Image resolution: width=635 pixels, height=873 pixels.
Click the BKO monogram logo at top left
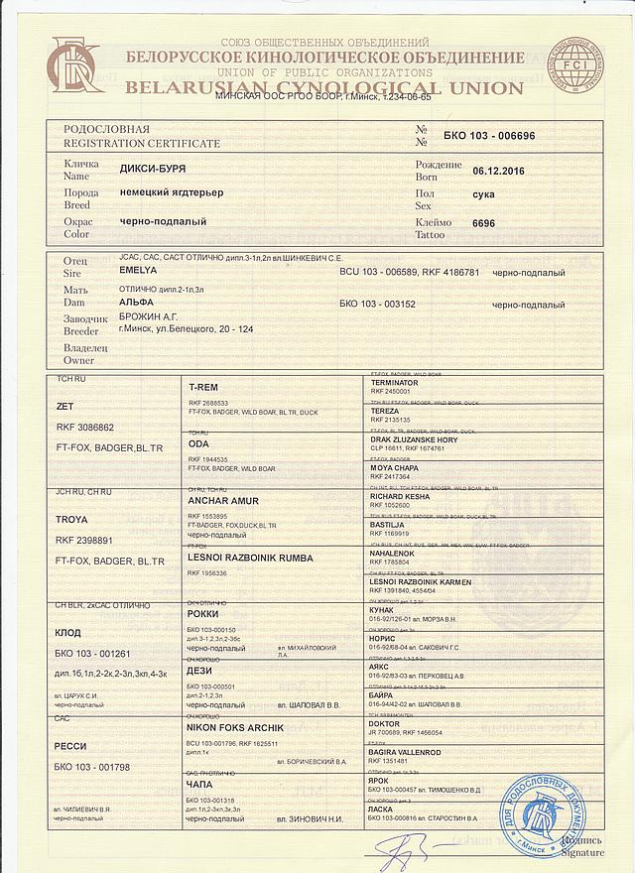[x=75, y=62]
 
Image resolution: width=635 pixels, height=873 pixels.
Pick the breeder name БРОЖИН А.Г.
[x=149, y=316]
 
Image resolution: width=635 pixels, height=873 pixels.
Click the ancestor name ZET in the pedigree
[x=65, y=407]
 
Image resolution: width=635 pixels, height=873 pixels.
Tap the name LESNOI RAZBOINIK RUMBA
[x=250, y=558]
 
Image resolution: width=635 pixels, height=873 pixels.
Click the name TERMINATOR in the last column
[x=394, y=382]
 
